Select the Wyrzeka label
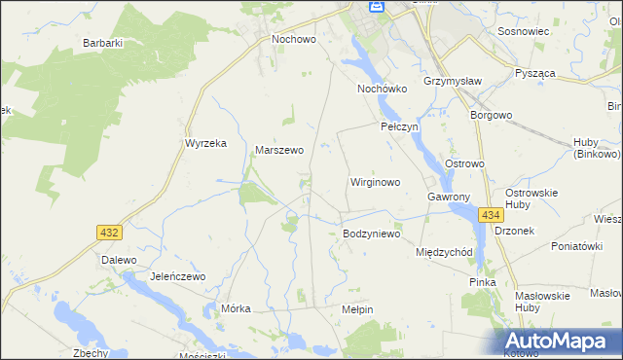[x=205, y=143]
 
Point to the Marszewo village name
[x=279, y=151]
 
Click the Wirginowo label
[x=375, y=182]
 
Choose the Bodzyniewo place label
[x=372, y=234]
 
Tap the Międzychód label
[x=444, y=252]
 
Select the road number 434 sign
[x=491, y=215]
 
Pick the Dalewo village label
[x=118, y=261]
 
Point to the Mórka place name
[x=237, y=308]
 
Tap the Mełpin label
[x=357, y=308]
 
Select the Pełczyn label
[x=398, y=127]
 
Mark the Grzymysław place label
[x=448, y=81]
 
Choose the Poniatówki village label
[x=576, y=247]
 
